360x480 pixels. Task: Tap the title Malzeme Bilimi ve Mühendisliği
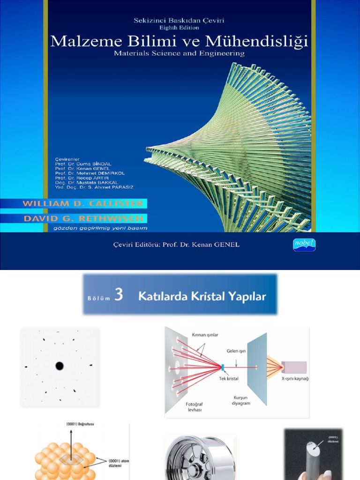click(x=179, y=42)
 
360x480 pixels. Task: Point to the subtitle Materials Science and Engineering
click(x=179, y=53)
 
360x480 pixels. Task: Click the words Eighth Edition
click(x=180, y=28)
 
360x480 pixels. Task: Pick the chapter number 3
click(x=119, y=295)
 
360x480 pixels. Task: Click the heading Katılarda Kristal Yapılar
click(x=202, y=296)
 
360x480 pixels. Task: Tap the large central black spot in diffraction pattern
click(x=60, y=366)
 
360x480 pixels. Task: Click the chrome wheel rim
click(x=199, y=458)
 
